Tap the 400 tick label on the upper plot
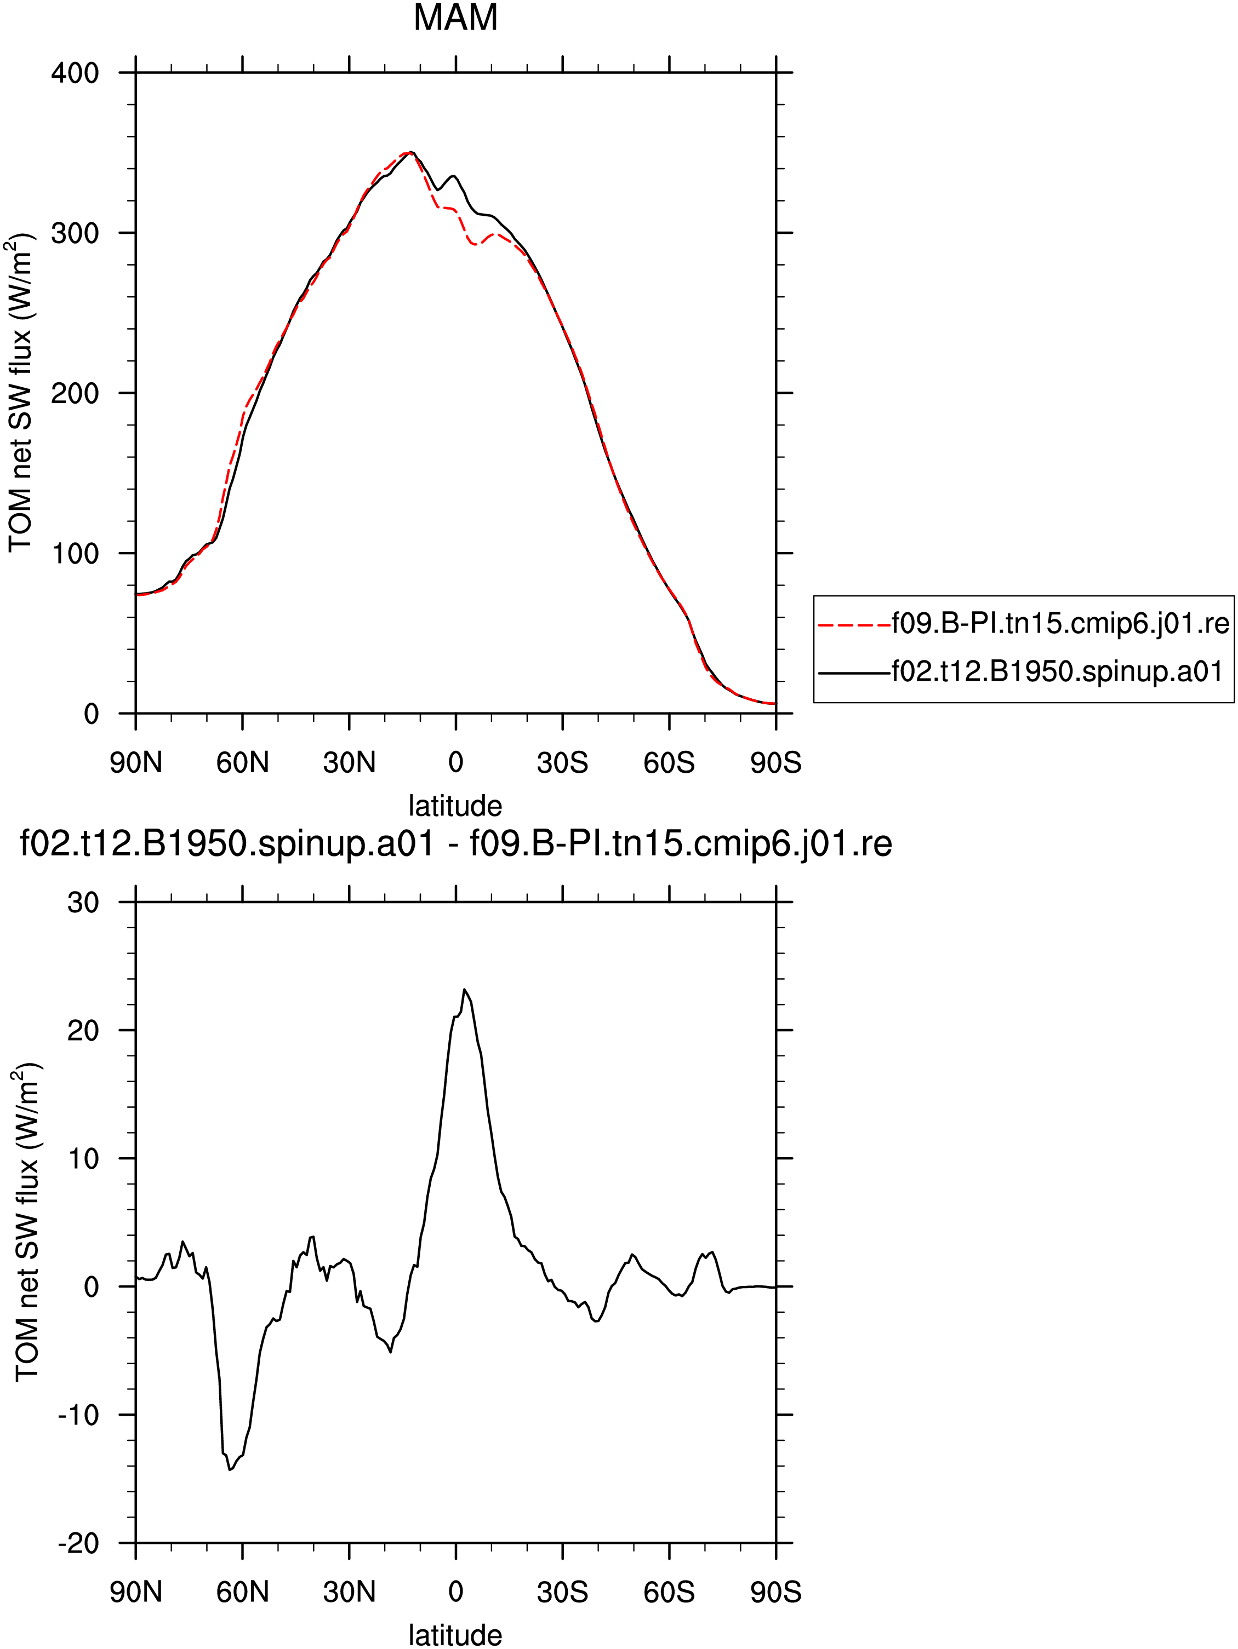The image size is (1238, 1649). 75,73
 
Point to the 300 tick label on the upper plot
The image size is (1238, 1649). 75,233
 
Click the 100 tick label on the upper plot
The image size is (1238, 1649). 75,554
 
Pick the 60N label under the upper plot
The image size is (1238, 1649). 242,763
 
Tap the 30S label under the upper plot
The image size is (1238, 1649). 562,763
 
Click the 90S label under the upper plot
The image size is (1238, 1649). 775,763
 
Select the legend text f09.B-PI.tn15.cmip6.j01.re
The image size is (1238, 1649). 1060,623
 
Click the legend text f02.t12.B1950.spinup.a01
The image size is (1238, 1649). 1058,671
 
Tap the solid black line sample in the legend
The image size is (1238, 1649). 855,673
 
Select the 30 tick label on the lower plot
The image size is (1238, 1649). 83,903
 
